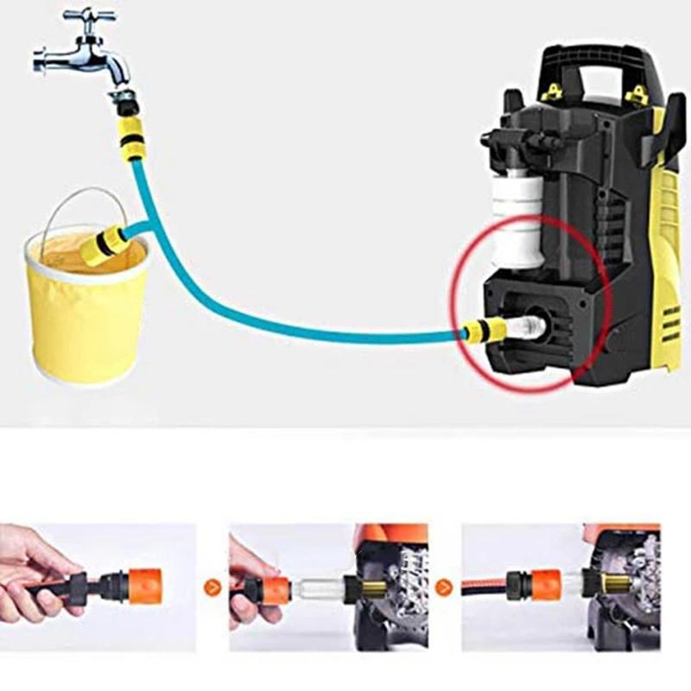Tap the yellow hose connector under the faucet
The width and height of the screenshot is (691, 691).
coord(130,134)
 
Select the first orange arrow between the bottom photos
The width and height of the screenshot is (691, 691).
coord(211,588)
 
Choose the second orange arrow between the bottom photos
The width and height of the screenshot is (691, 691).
coord(444,588)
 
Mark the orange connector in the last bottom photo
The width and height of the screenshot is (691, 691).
coord(544,584)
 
